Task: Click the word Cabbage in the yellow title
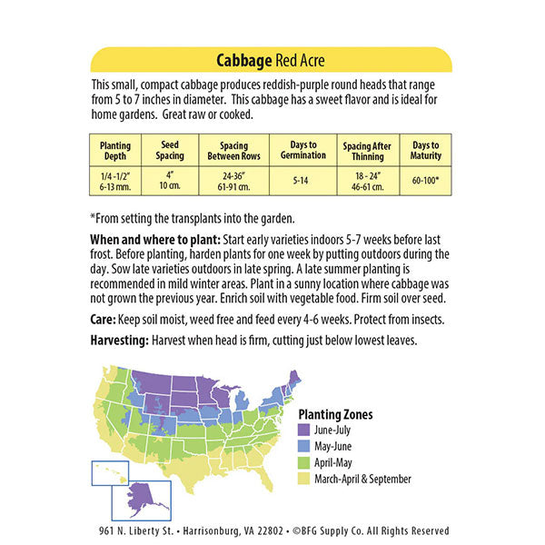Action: tap(243, 61)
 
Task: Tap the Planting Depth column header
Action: tap(115, 151)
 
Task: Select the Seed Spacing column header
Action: tap(170, 151)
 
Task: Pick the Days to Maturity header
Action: tap(424, 151)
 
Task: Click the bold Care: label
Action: tap(103, 320)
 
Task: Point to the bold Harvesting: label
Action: tap(122, 340)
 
